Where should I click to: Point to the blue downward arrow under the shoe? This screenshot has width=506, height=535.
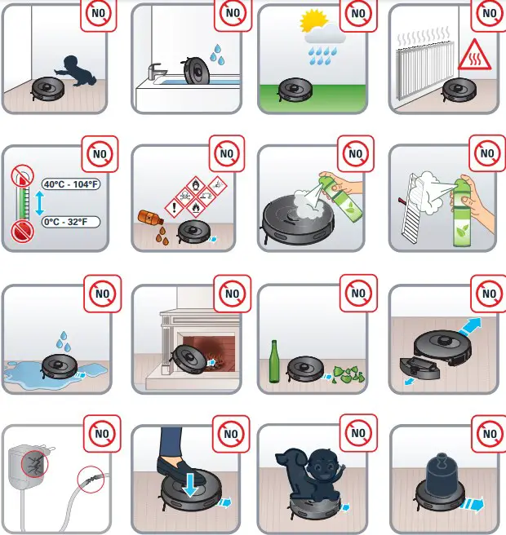click(x=190, y=484)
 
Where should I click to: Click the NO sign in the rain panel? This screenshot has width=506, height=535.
click(x=358, y=14)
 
